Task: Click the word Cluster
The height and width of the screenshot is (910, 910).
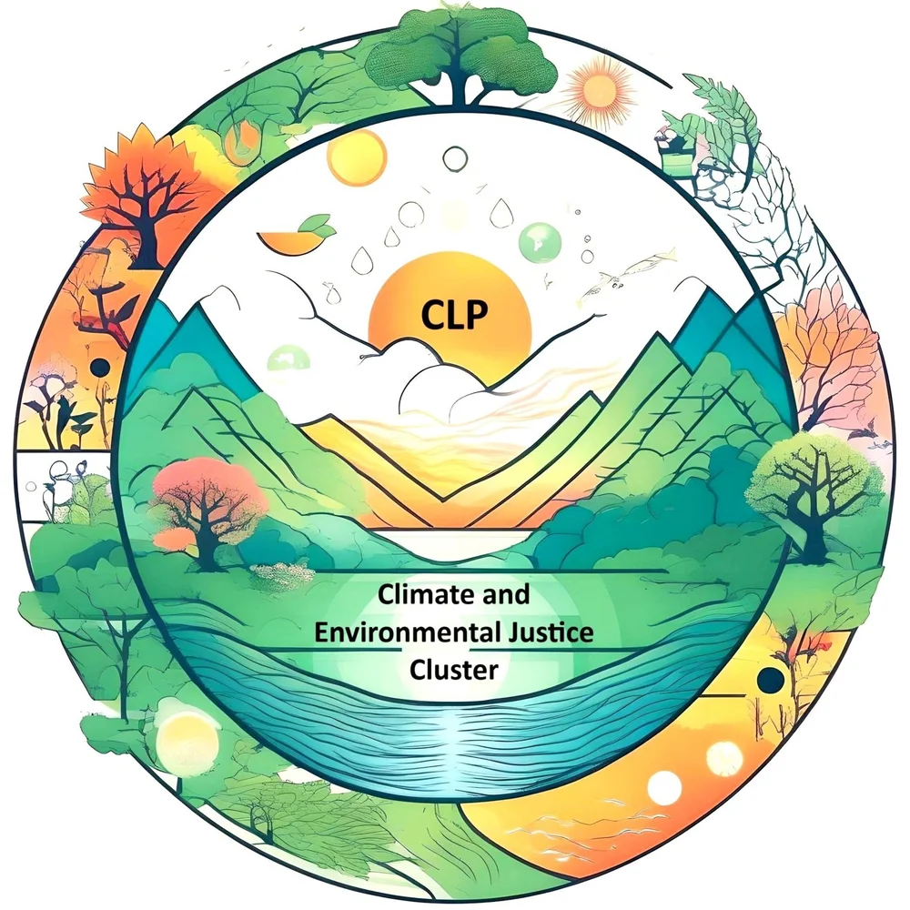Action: coord(454,671)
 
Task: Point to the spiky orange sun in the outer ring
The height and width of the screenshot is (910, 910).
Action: coord(599,88)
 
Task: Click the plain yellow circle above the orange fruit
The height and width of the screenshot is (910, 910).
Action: coord(356,157)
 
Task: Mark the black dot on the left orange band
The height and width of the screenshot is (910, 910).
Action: coord(101,367)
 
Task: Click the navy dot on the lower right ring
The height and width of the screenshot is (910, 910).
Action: coord(772,679)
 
